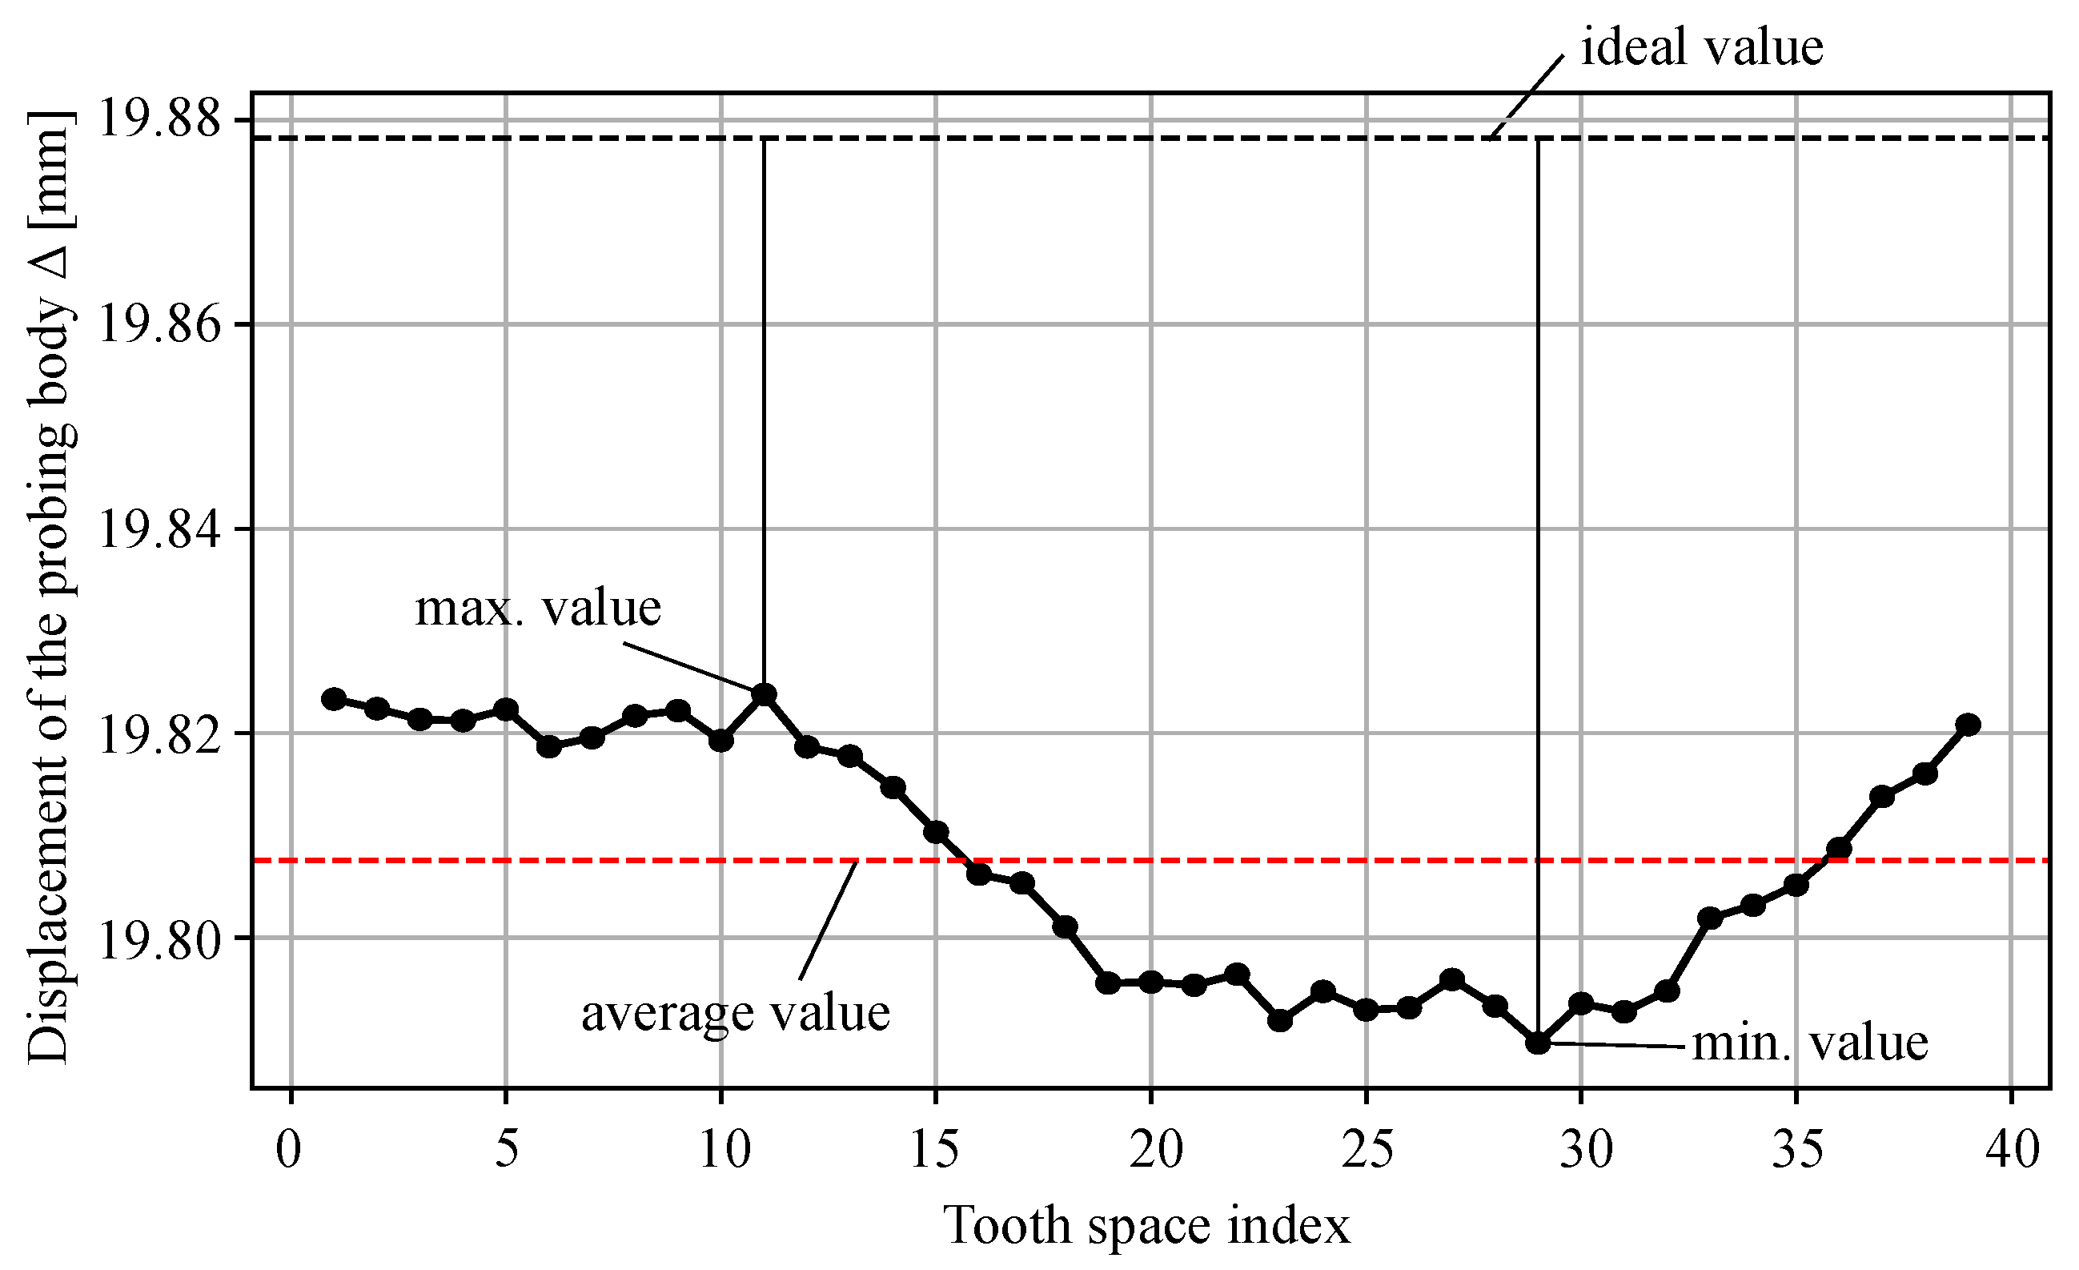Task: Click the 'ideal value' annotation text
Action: [1701, 47]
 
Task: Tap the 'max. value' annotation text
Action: [537, 608]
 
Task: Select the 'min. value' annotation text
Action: [1810, 1043]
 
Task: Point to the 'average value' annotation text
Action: [735, 1013]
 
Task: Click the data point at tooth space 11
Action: [764, 694]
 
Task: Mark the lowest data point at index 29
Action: [1538, 1043]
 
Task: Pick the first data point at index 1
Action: [334, 699]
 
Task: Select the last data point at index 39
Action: [1969, 724]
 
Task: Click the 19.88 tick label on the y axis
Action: [159, 119]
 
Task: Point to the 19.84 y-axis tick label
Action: [159, 529]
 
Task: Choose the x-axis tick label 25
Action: [1366, 1149]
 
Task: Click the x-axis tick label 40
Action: [2013, 1149]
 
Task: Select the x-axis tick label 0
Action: [290, 1149]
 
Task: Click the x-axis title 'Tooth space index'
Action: [1146, 1225]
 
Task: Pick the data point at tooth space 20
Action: [1151, 982]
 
